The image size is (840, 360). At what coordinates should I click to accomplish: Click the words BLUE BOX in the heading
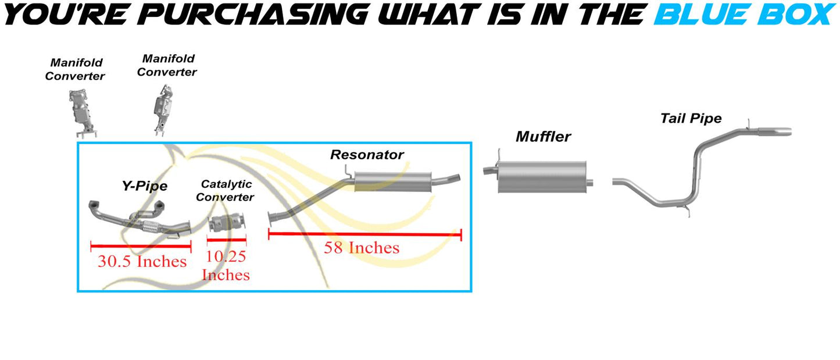pos(745,15)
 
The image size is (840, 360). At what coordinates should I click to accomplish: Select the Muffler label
pos(544,137)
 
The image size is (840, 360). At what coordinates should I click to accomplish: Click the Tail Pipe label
pos(691,119)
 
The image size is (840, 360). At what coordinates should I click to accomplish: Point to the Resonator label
pos(367,155)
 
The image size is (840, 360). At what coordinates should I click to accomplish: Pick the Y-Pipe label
pos(145,186)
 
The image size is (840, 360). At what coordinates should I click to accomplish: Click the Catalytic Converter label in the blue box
pos(225,191)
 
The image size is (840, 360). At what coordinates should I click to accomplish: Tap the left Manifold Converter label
pos(75,69)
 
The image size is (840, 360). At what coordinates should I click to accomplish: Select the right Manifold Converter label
pos(167,65)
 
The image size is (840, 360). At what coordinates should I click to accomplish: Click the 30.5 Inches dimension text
pos(142,261)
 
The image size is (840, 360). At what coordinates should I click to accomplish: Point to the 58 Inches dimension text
pos(362,248)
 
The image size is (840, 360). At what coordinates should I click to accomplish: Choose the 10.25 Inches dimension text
pos(226,266)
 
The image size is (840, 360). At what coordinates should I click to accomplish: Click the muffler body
pos(542,177)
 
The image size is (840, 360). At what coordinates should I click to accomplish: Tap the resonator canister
pos(392,182)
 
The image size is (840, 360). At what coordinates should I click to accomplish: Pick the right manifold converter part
pos(163,109)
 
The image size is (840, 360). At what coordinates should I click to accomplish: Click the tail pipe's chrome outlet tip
pos(775,131)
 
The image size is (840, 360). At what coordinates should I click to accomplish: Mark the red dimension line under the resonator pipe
pos(365,234)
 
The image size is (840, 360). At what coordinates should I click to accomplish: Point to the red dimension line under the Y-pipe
pos(141,247)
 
